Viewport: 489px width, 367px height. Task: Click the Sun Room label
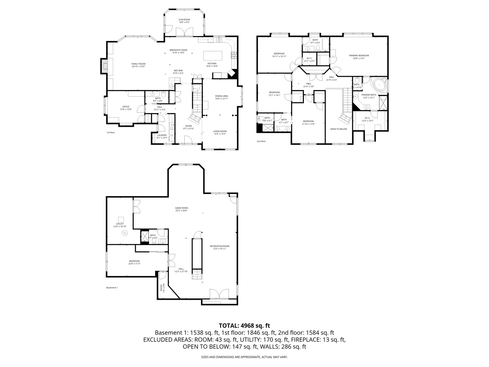tap(184, 20)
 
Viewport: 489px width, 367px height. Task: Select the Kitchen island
tap(213, 55)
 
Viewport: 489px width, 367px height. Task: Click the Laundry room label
tap(162, 135)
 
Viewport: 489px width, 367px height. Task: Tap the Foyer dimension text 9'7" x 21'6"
tap(188, 128)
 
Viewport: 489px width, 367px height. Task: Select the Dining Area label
tap(221, 96)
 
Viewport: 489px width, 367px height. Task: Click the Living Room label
tap(220, 131)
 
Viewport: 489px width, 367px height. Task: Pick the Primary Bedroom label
tap(359, 55)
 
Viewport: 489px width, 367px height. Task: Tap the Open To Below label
tap(339, 129)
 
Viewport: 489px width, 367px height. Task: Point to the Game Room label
tap(181, 208)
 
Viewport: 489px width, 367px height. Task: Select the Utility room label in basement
tap(120, 224)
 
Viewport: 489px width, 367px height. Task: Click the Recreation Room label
tap(219, 246)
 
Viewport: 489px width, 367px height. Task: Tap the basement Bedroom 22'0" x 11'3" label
tap(134, 261)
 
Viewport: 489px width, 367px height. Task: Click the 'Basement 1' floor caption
tap(112, 287)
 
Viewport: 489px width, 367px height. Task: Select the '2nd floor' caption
tap(261, 141)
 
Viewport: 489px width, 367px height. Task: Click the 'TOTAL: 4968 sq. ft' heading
tap(244, 326)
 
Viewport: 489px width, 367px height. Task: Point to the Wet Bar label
tap(178, 70)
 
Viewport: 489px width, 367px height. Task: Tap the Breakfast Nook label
tap(178, 50)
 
